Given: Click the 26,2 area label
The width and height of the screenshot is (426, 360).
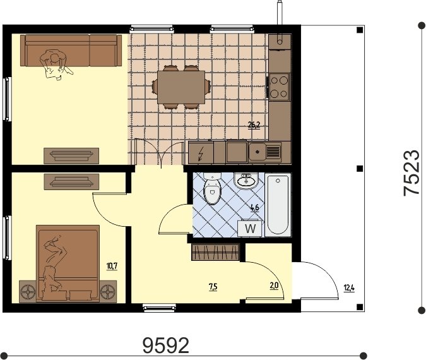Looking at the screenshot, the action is pos(254,125).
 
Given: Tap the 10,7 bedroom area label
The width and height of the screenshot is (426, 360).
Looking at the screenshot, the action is pos(112,266).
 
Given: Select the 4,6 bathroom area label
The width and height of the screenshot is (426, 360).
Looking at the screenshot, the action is pos(254,208).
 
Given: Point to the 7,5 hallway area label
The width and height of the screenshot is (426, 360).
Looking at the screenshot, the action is pos(213,287).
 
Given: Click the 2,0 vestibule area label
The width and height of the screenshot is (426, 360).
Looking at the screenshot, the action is pos(274,286).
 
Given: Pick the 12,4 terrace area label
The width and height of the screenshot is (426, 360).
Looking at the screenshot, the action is pos(350,288).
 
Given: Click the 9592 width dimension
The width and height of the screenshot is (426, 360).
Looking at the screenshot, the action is pos(166,345).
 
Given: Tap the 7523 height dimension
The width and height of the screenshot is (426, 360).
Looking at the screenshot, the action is pos(411,172).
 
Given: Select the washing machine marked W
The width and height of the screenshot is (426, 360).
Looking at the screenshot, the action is pos(249,228).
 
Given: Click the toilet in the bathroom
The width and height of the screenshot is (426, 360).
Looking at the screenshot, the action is pos(213,188).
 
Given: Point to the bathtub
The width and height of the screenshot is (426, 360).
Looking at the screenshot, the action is pos(278,205).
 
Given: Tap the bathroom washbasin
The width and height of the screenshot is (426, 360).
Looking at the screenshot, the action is pos(246,181).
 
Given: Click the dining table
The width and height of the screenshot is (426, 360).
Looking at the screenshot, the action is pos(181,87).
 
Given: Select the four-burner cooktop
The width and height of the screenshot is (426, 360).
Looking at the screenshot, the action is pos(279,87).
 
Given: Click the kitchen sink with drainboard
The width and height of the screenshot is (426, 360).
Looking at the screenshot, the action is pos(265,152).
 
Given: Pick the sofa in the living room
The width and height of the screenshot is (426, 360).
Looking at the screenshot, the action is pos(71,51).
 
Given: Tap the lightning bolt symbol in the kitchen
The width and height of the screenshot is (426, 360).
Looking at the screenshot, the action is pos(201,153).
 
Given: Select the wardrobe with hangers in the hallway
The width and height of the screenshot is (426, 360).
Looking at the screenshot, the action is pos(215,252).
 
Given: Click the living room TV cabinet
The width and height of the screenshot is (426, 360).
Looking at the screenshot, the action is pos(71,156).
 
